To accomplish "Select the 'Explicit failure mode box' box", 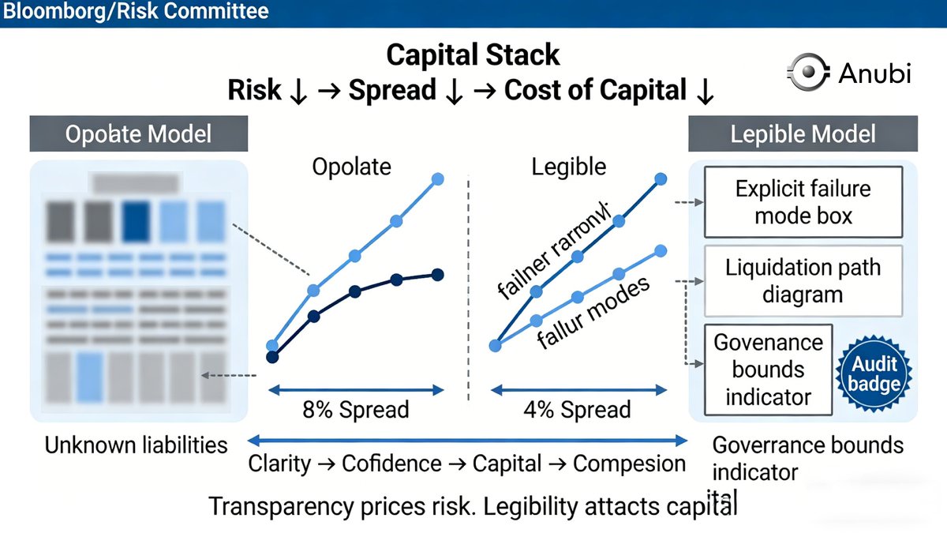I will (803, 202).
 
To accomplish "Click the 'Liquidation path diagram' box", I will (803, 280).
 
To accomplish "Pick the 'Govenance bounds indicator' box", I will (768, 370).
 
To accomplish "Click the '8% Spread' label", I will (356, 410).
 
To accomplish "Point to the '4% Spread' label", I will (578, 410).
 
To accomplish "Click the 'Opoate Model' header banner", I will (138, 133).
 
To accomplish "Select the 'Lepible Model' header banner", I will (803, 133).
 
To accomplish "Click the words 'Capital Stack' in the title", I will (473, 55).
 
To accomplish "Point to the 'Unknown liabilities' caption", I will (136, 445).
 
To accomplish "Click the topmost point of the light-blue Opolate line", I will (438, 179).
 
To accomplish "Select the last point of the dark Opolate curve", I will (438, 274).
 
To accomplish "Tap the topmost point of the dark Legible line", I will (661, 179).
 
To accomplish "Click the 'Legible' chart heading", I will (568, 167).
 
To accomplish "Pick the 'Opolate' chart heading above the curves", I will (351, 167).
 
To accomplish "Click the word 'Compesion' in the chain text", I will (629, 464).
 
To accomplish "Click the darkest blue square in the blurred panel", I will (137, 221).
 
